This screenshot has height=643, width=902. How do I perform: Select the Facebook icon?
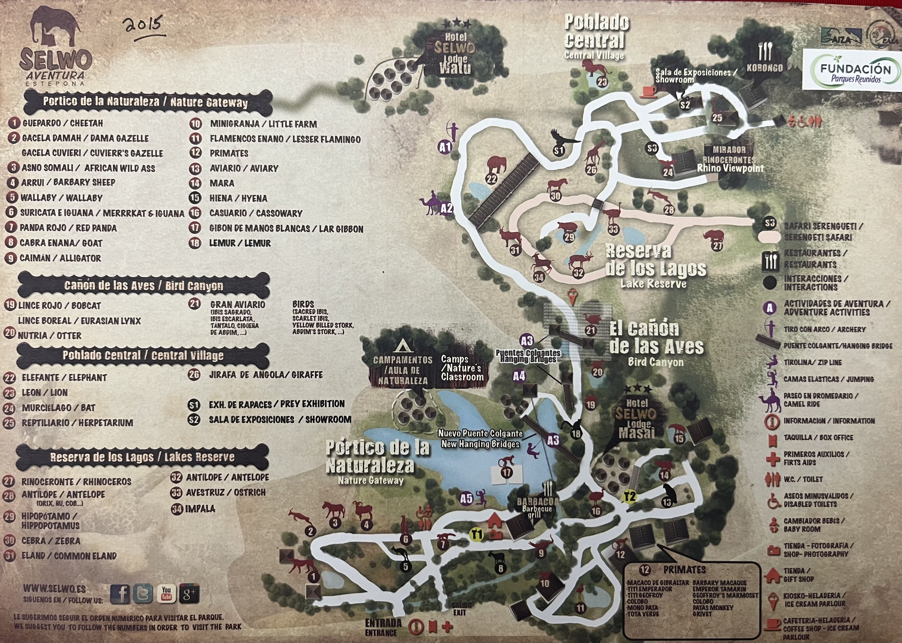coord(120,594)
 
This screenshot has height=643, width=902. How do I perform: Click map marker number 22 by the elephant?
coord(491,179)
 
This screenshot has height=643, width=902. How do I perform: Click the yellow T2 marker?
coord(629,497)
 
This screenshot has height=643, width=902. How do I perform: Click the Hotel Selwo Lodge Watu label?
coord(454,54)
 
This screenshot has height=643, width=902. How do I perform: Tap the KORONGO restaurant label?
coord(765,68)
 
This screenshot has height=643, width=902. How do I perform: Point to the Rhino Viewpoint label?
coord(730,168)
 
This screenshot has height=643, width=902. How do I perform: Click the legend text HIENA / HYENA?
coord(238,198)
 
